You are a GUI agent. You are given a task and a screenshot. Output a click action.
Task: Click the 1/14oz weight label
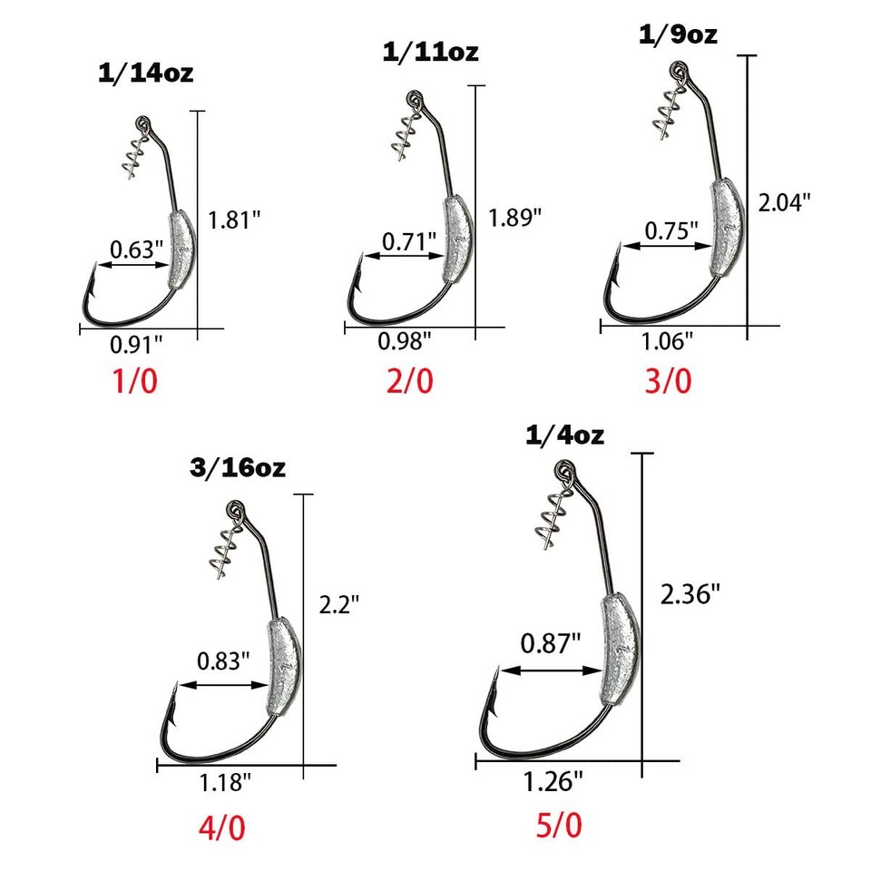pyautogui.click(x=145, y=73)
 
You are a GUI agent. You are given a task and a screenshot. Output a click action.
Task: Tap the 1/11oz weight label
pyautogui.click(x=430, y=52)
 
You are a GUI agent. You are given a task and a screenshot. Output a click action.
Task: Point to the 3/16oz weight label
pyautogui.click(x=239, y=468)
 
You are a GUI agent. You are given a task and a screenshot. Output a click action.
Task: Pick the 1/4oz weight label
pyautogui.click(x=565, y=435)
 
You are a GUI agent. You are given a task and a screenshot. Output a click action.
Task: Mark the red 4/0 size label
pyautogui.click(x=220, y=827)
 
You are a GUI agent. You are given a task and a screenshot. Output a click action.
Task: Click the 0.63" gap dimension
pyautogui.click(x=137, y=250)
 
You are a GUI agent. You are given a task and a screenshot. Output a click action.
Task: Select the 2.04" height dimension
pyautogui.click(x=785, y=202)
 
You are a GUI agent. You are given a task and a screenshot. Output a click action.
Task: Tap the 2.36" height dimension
pyautogui.click(x=690, y=594)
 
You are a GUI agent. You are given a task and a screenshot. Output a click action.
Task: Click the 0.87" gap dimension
pyautogui.click(x=550, y=644)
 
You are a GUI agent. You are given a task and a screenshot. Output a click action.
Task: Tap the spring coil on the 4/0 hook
pyautogui.click(x=222, y=549)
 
